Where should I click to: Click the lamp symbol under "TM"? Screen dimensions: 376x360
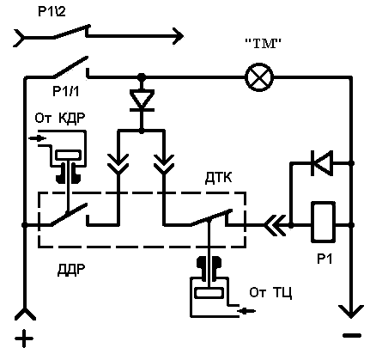click(259, 77)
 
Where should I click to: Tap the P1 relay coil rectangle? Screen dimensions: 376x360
click(323, 222)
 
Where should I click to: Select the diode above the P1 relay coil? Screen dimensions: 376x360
click(322, 163)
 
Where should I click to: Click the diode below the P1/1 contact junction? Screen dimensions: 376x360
click(142, 100)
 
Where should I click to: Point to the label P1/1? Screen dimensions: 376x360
click(66, 91)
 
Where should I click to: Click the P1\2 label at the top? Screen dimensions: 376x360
click(52, 12)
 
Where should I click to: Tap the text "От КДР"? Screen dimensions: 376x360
click(60, 118)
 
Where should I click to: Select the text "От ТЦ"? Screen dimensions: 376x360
click(270, 293)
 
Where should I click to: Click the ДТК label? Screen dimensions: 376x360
click(218, 178)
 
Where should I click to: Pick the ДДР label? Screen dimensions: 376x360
click(71, 270)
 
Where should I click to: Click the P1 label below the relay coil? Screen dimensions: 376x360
click(324, 259)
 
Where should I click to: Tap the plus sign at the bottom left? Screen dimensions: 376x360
click(24, 339)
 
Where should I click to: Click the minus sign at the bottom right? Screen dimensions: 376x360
click(352, 335)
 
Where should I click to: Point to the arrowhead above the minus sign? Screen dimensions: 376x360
click(351, 312)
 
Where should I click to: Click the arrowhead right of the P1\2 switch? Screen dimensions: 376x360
click(178, 36)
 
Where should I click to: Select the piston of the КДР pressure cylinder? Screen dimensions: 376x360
click(68, 156)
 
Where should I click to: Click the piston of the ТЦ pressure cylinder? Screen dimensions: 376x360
click(209, 293)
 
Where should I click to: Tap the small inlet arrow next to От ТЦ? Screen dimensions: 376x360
click(246, 310)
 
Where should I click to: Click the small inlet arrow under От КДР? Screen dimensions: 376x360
click(38, 138)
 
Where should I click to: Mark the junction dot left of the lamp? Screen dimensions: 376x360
click(141, 77)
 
